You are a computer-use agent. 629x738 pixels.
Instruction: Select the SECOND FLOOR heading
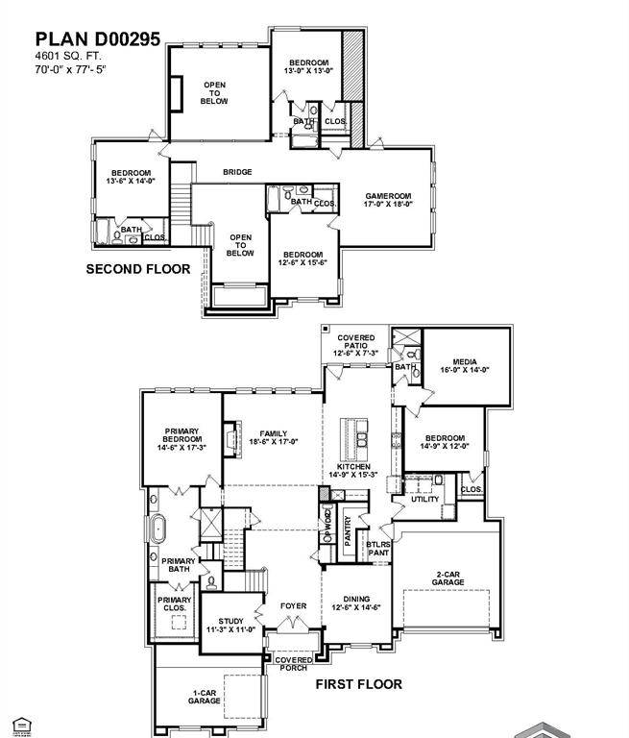pos(138,269)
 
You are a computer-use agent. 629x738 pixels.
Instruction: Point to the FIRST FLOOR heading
pos(359,684)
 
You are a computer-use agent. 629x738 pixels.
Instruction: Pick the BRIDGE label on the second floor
pos(237,172)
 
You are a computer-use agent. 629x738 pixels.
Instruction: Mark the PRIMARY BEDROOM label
pos(181,438)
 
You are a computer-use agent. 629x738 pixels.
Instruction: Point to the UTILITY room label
pos(424,499)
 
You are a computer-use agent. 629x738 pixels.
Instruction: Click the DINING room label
pos(356,603)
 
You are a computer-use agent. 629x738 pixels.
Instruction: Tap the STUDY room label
pos(230,626)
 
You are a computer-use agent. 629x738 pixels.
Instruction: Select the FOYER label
pos(293,606)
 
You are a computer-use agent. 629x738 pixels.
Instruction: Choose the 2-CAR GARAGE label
pos(448,578)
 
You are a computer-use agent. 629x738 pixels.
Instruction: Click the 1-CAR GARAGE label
pos(205,697)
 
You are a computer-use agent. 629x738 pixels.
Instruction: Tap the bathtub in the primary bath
pos(158,529)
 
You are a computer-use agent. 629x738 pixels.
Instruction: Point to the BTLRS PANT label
pos(377,548)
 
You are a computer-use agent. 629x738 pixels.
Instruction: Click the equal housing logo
pos(21,726)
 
